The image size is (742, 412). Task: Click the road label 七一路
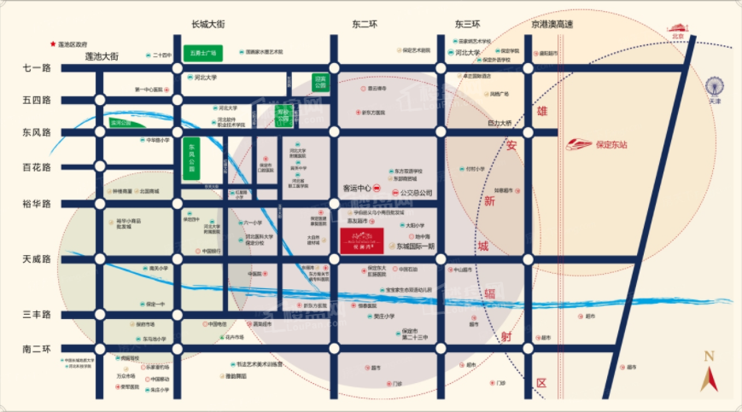pos(37,67)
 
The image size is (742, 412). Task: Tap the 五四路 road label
pos(37,100)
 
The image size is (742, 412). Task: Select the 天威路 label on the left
pos(37,258)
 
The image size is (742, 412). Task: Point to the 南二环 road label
pos(37,348)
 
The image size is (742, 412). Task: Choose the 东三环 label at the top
pos(467,25)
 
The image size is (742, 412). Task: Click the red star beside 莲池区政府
pos(53,43)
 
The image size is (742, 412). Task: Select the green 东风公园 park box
pos(192,157)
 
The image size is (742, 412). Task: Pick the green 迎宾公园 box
pos(320,83)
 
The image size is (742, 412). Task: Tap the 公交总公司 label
pos(417,193)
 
